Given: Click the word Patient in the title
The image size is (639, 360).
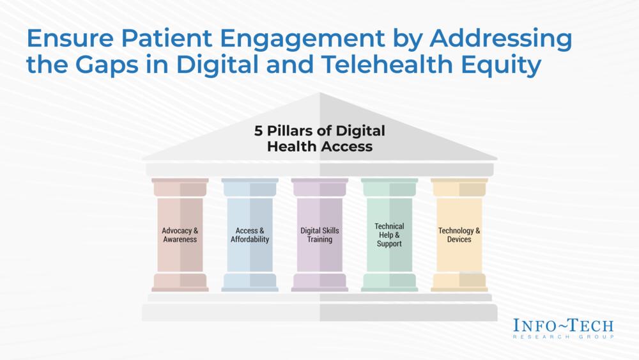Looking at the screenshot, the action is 167,38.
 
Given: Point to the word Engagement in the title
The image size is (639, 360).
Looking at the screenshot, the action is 303,40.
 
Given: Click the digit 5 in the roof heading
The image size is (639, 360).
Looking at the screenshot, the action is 258,131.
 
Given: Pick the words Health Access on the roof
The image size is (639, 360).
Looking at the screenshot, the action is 320,146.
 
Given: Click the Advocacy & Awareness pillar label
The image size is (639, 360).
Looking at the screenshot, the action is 180,235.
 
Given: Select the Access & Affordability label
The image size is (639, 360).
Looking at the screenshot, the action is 250,235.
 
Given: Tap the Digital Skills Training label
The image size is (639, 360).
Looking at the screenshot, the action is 319,235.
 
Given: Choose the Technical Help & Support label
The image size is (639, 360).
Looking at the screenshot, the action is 389,235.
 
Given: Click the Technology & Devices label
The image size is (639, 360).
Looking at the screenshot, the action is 459,235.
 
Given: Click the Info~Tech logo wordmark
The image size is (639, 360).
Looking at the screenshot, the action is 563,325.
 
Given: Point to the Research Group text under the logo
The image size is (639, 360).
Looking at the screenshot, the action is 563,337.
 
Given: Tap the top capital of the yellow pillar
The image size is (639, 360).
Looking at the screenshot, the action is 459,187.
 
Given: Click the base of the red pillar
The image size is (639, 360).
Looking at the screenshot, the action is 180,283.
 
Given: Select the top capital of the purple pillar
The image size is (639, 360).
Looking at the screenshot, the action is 320,187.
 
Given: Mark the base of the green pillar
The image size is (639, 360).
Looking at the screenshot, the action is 390,283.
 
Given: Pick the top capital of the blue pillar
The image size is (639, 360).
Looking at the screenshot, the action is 250,187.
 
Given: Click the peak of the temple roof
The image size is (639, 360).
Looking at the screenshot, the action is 320,93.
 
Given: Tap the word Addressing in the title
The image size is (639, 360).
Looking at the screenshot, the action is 501,40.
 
